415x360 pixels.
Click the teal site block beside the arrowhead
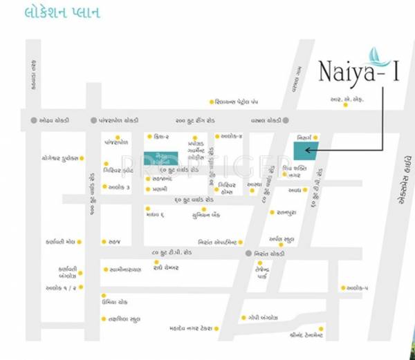pos(306,150)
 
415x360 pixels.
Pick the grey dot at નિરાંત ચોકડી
pos(248,254)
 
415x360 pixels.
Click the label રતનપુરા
pos(286,212)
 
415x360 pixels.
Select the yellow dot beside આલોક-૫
pos(343,287)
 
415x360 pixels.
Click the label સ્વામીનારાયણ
pos(125,269)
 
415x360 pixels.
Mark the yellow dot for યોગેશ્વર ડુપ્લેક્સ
pos(82,158)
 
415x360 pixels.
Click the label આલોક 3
pos(119,187)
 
